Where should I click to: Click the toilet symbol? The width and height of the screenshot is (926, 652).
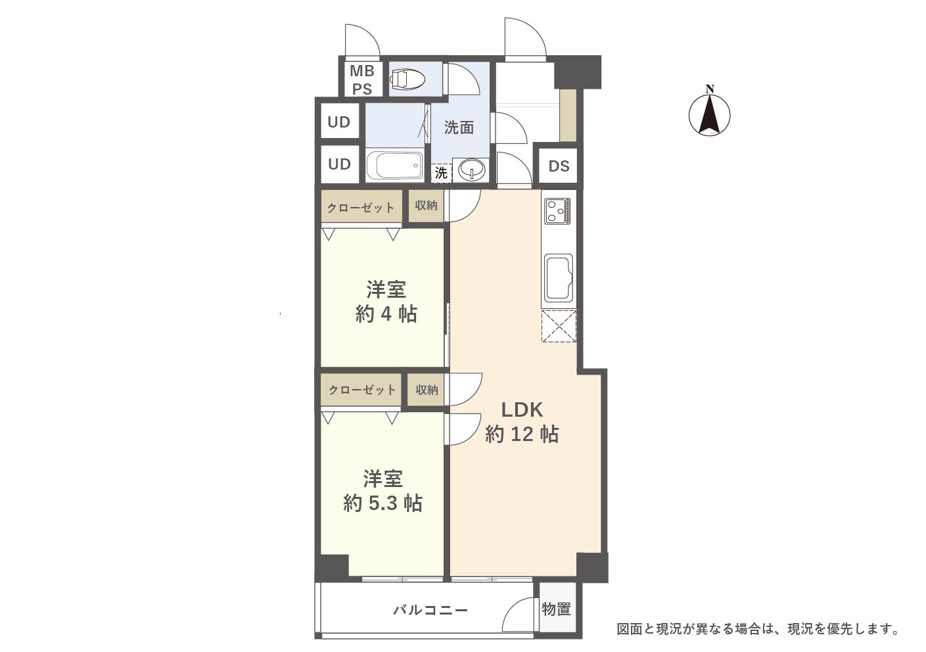pyautogui.click(x=407, y=79)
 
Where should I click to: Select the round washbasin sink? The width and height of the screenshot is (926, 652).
pyautogui.click(x=471, y=170)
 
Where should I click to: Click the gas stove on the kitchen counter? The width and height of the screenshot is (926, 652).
pyautogui.click(x=558, y=211)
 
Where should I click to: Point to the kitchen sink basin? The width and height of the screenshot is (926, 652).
pyautogui.click(x=559, y=279)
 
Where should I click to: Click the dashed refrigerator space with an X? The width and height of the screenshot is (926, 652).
pyautogui.click(x=559, y=326)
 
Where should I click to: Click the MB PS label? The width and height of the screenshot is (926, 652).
pyautogui.click(x=362, y=80)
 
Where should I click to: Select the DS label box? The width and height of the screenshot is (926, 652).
pyautogui.click(x=559, y=166)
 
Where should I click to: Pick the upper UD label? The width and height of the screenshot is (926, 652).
pyautogui.click(x=339, y=122)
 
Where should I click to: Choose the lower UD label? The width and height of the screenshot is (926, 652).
pyautogui.click(x=339, y=164)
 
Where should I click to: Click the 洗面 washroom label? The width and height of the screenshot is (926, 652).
pyautogui.click(x=459, y=128)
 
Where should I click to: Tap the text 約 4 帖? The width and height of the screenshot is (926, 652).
pyautogui.click(x=386, y=315)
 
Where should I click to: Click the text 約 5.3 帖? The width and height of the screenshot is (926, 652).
pyautogui.click(x=382, y=503)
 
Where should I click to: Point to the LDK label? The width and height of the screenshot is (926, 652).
pyautogui.click(x=522, y=409)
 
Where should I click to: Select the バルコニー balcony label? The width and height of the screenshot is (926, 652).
pyautogui.click(x=430, y=610)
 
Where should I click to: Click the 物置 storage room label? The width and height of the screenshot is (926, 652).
pyautogui.click(x=557, y=609)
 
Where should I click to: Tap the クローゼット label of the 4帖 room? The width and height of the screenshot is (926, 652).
pyautogui.click(x=361, y=208)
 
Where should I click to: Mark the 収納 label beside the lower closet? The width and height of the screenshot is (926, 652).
pyautogui.click(x=427, y=390)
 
